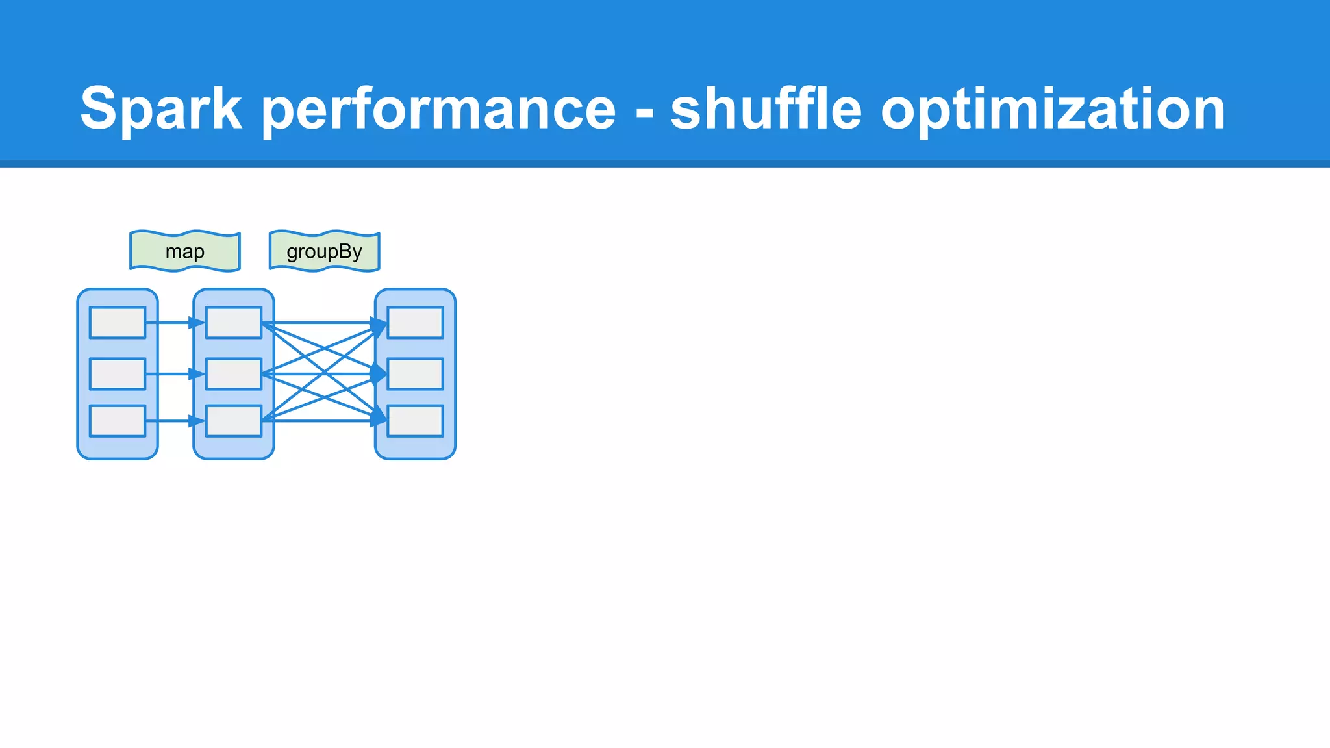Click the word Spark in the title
(x=161, y=109)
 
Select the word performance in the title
(x=439, y=109)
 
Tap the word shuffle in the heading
(x=766, y=109)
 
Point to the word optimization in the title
(x=1053, y=109)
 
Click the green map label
(x=185, y=251)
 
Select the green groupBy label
(x=324, y=251)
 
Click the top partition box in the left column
(x=118, y=323)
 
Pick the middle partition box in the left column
(x=118, y=374)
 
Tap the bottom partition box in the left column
(x=118, y=421)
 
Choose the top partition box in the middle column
(x=234, y=323)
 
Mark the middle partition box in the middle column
(x=234, y=374)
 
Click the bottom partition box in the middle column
(x=234, y=421)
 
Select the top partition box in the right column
(x=416, y=323)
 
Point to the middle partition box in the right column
(x=416, y=374)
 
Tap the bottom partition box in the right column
(x=416, y=421)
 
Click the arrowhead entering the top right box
(x=379, y=324)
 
